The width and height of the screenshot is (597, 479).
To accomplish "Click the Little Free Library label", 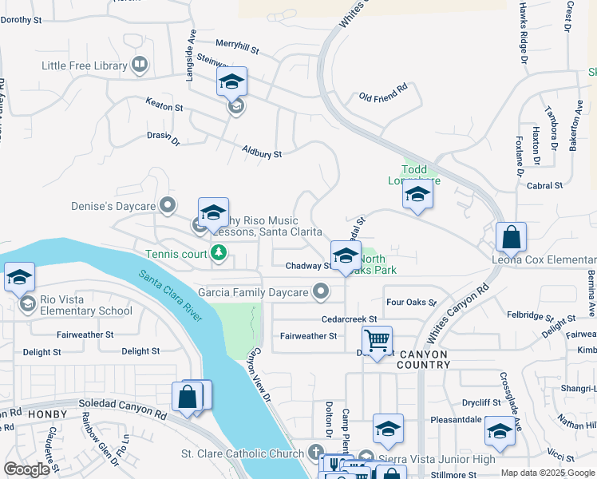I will click(85, 66).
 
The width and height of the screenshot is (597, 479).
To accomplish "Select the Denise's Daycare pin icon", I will click(168, 207).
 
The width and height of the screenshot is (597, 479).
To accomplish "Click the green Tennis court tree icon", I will click(219, 255).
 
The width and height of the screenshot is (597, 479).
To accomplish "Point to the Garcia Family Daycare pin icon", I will click(321, 292).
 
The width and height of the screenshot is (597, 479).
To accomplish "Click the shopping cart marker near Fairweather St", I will click(377, 342).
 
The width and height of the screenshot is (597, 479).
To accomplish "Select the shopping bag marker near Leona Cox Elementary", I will click(511, 238).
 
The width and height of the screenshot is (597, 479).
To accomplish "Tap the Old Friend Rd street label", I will click(383, 97).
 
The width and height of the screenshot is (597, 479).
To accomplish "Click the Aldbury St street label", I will click(262, 152).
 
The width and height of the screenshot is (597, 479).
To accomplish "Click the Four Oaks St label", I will click(411, 303).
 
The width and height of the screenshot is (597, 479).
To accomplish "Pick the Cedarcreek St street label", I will click(349, 319).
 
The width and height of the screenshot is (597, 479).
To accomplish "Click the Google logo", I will click(26, 469).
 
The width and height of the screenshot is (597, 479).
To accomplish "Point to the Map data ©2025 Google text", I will click(547, 473).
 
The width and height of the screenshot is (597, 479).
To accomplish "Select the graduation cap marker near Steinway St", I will click(231, 81).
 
